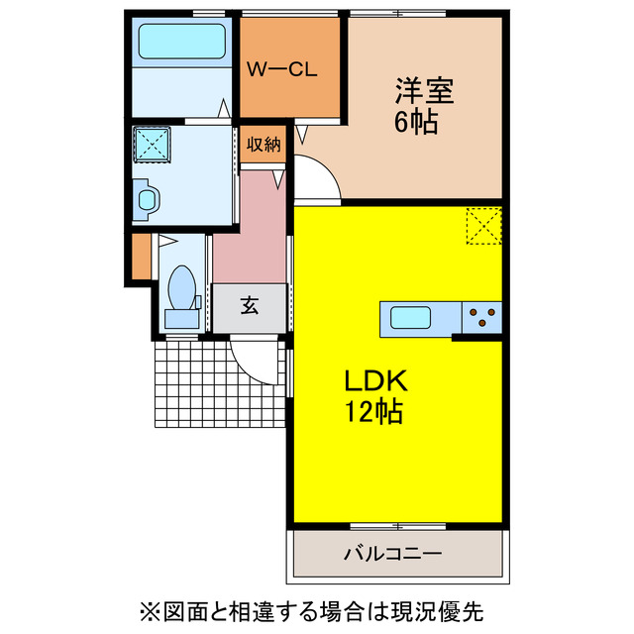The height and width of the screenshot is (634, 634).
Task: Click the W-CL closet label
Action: click(281, 70)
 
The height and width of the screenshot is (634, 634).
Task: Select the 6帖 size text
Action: click(416, 122)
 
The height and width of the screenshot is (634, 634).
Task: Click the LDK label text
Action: click(375, 380)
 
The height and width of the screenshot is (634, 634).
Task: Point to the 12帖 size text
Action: click(372, 412)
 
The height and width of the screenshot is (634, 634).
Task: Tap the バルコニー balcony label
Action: click(392, 553)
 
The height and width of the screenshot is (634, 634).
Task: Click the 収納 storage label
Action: click(264, 144)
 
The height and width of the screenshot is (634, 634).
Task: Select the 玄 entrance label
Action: click(250, 306)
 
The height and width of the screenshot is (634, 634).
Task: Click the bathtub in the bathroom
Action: click(182, 42)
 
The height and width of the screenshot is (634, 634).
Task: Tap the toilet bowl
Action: click(182, 288)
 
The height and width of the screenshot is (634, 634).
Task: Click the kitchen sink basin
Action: click(410, 318)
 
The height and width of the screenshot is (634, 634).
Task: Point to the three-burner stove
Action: click(482, 318)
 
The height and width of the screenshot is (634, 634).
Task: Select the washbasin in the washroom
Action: click(147, 200)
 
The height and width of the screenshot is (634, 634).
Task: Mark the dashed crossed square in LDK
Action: click(484, 226)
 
